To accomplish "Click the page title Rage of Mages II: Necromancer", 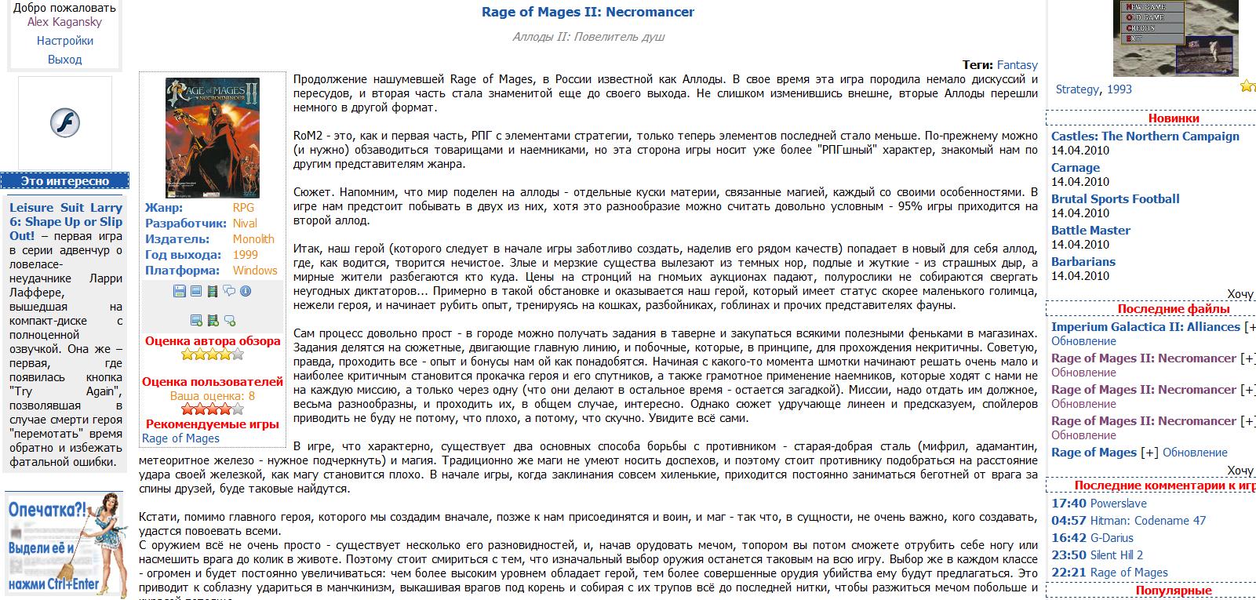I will (588, 12).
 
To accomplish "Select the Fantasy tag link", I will (1017, 65).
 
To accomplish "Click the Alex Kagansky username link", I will (64, 22).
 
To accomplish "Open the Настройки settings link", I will (64, 41).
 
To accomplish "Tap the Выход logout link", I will (64, 60).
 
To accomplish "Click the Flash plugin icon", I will (65, 123).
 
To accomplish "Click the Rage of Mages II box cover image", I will (212, 137).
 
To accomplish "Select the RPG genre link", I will (243, 208).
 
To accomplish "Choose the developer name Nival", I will (245, 224).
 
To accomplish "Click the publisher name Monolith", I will (253, 239).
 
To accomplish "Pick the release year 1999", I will (245, 255).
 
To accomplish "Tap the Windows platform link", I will (255, 271).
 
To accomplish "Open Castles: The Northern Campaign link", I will (1145, 136).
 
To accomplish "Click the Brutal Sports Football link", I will (1115, 199).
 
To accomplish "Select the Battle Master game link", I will (1090, 231).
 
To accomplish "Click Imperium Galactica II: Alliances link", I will (1145, 327).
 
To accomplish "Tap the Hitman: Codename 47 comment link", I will (1148, 521).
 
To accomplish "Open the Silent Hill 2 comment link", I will (1116, 555).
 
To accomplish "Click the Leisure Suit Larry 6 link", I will (66, 221).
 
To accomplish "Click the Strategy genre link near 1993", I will (1077, 89).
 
